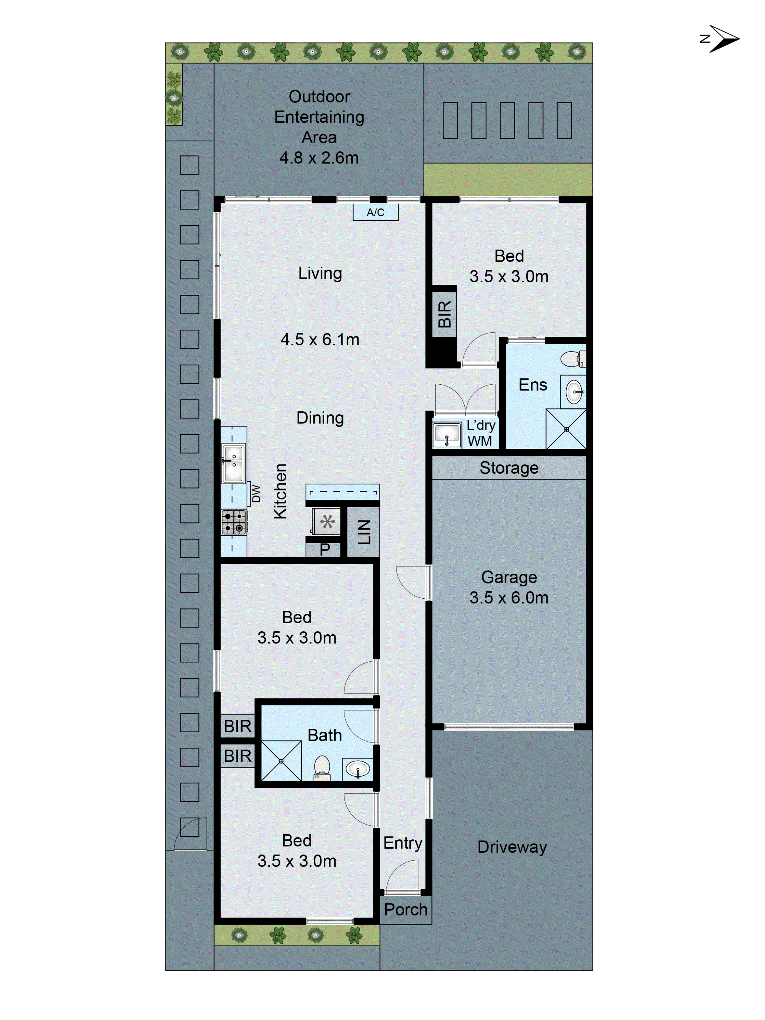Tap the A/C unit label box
pos(375,212)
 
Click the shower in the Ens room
pos(566,429)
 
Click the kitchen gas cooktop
pos(234,522)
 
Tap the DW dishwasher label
pos(256,493)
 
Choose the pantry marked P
pos(324,549)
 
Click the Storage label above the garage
pos(509,468)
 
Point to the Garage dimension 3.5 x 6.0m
pos(509,598)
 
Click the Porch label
pos(405,909)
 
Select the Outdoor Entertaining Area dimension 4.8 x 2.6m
pos(319,158)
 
